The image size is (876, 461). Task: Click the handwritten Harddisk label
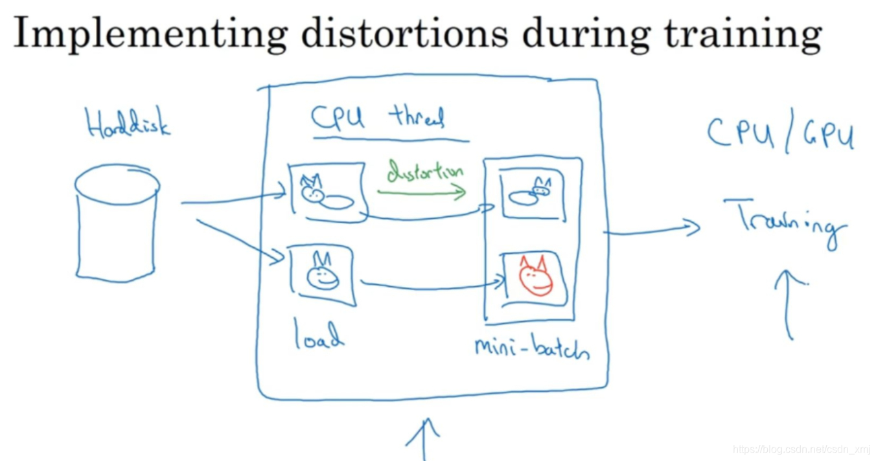point(128,123)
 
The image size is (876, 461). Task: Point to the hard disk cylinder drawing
point(117,227)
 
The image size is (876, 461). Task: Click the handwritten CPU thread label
point(378,118)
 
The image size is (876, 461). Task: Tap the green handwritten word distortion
point(425,172)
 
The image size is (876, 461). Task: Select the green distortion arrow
point(421,192)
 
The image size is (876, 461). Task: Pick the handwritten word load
point(318,334)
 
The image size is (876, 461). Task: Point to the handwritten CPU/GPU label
point(780,134)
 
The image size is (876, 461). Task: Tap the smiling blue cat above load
point(321,273)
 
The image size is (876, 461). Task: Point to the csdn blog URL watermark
point(801,449)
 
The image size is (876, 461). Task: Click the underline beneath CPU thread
point(390,139)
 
